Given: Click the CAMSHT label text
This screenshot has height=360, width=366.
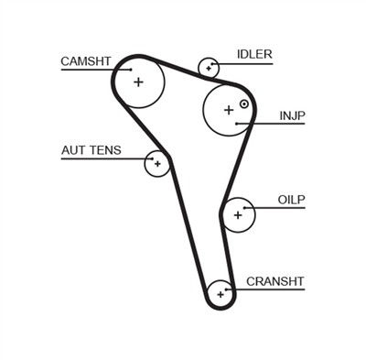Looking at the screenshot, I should coord(85,61).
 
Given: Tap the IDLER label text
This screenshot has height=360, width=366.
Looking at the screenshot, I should coord(254,54).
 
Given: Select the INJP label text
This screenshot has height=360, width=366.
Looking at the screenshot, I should coord(293,116).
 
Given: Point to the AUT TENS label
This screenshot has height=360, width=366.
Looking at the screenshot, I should coord(91,150).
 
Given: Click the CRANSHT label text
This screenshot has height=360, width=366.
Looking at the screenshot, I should coord(274,280).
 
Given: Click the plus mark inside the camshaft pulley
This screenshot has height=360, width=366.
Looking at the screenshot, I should coord(139,82).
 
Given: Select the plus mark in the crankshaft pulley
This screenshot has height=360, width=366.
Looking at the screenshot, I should coord(221,295).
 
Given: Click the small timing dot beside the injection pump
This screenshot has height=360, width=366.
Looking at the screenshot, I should coord(244,104).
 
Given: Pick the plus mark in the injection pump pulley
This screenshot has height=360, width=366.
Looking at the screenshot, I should coord(228,110).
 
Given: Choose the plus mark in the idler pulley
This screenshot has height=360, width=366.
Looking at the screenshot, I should coord(210,67).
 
